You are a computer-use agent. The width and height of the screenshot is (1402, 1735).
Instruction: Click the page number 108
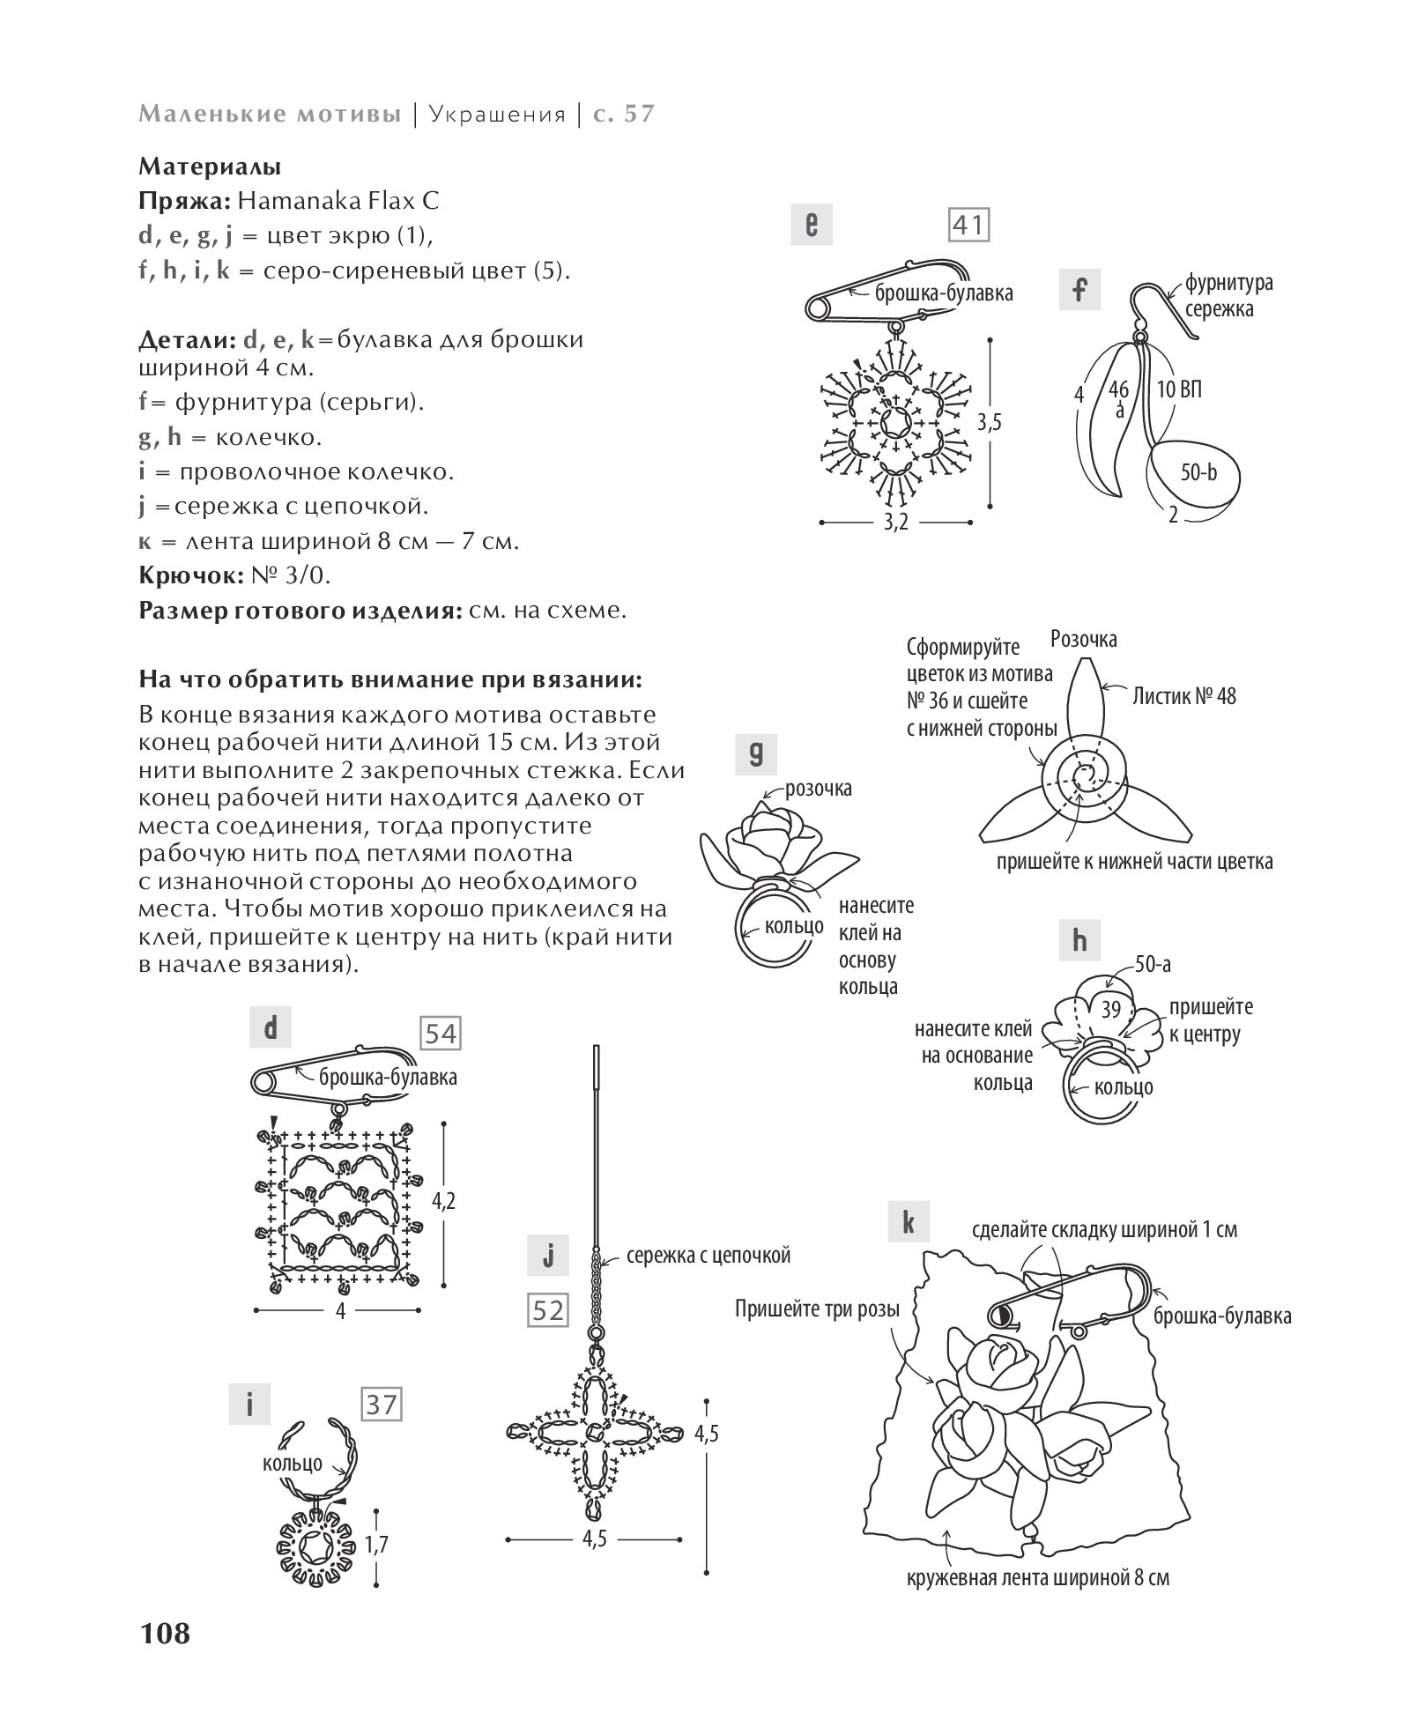coord(164,1633)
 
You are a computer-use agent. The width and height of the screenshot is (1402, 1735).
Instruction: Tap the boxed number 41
coord(968,226)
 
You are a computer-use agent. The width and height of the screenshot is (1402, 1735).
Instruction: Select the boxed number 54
coord(441,1034)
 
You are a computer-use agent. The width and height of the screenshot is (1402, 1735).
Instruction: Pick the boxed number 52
coord(548,1311)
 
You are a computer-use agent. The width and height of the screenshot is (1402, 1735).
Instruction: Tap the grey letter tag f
coord(1080,290)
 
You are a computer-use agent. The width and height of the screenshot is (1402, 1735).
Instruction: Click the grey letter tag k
coord(909,1224)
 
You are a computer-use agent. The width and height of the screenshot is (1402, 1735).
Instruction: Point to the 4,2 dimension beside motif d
coord(443,1201)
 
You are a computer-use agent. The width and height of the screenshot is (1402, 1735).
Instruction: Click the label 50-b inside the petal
coord(1198,473)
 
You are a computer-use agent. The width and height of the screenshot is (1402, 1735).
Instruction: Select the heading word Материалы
coord(210,166)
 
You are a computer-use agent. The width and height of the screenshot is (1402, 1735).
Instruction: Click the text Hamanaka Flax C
coord(338,201)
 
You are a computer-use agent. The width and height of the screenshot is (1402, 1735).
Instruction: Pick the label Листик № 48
coord(1184,696)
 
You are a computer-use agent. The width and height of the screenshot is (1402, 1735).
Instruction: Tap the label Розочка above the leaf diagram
coord(1084,638)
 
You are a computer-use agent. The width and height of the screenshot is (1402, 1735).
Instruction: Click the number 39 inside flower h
coord(1111,1009)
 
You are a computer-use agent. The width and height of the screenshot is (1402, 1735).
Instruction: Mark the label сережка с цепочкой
coord(708,1255)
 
